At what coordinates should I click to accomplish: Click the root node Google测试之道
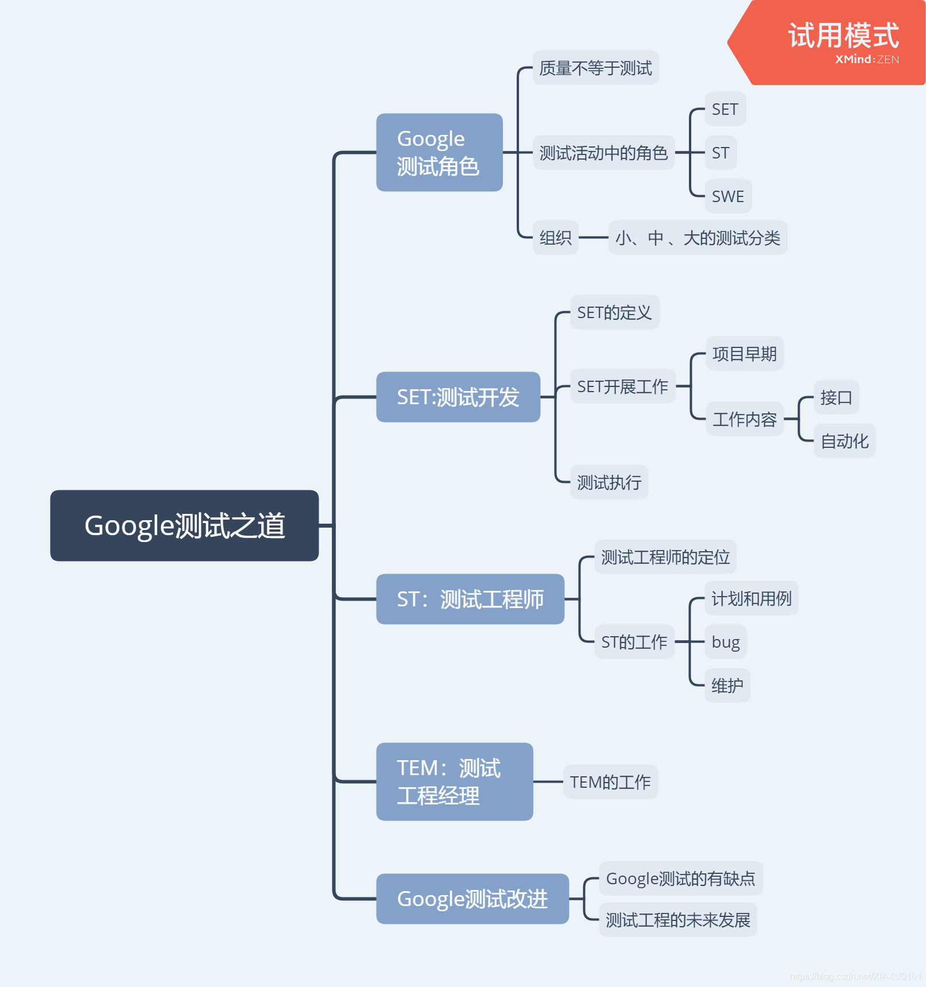[184, 525]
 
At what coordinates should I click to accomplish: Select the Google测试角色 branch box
[439, 152]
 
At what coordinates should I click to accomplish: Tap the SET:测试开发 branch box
[458, 397]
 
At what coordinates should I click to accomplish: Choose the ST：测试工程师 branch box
[470, 599]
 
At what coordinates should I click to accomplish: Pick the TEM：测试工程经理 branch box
[454, 781]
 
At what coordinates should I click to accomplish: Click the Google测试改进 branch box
[472, 899]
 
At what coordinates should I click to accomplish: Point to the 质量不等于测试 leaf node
[595, 68]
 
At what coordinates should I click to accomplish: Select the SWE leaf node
[727, 196]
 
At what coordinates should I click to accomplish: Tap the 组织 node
[555, 238]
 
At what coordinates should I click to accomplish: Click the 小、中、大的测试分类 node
[697, 238]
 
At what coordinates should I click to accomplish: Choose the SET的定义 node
[614, 312]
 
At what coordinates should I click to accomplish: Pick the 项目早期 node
[744, 354]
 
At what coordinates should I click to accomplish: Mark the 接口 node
[836, 397]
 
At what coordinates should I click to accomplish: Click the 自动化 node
[844, 441]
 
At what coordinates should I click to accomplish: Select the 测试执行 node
[609, 482]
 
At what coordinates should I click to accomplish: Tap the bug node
[726, 642]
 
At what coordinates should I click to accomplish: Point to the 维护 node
[727, 686]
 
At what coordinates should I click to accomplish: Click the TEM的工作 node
[610, 782]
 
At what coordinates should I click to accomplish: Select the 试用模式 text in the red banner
[843, 36]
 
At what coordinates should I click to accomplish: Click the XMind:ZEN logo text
[867, 59]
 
